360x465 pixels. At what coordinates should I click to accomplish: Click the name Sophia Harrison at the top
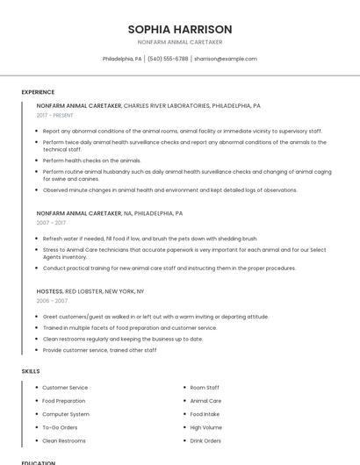[180, 29]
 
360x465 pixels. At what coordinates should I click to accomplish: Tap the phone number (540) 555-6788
[168, 59]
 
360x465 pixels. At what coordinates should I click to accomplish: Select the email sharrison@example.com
[226, 59]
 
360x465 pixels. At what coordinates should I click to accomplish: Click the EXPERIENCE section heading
[38, 92]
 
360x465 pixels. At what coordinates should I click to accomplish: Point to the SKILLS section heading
[31, 371]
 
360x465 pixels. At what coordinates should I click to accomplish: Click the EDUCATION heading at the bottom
[39, 462]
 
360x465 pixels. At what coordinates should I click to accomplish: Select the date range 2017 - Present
[55, 115]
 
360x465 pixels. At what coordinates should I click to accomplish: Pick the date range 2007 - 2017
[51, 223]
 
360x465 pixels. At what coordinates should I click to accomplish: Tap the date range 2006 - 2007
[52, 301]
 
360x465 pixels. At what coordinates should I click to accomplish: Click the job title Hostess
[49, 290]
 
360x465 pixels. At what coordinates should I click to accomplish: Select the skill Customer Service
[65, 388]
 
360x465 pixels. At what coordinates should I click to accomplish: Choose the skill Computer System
[66, 414]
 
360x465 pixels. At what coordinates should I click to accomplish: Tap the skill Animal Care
[205, 401]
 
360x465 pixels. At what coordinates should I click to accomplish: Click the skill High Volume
[206, 427]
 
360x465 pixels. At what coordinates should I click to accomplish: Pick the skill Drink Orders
[205, 440]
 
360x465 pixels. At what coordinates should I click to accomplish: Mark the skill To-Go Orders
[60, 427]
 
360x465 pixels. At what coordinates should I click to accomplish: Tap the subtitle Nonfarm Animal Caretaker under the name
[180, 42]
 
